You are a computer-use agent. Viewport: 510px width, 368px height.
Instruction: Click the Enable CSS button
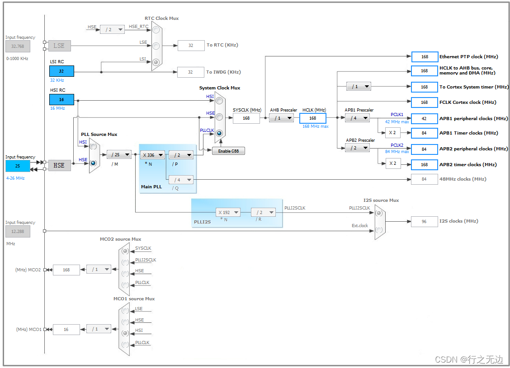pos(228,151)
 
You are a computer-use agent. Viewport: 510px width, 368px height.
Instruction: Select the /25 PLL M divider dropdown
pos(119,155)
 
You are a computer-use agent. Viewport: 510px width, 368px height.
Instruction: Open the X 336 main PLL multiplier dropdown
pos(152,155)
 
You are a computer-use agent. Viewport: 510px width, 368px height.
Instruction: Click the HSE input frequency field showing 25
pos(18,166)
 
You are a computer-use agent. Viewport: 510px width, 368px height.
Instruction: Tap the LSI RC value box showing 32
pos(61,71)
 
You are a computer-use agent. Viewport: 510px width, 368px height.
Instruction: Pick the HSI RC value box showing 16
pos(61,100)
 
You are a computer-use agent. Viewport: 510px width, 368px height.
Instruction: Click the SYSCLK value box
pos(246,118)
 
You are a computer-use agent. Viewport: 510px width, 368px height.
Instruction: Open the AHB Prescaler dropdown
pos(281,118)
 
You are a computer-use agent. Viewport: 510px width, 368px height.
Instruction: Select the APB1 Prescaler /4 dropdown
pos(357,118)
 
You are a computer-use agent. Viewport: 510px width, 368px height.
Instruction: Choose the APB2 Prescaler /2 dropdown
pos(357,148)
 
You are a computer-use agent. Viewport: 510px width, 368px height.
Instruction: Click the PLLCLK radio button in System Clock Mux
pos(219,133)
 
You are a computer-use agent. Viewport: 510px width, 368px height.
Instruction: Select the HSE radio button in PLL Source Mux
pos(94,163)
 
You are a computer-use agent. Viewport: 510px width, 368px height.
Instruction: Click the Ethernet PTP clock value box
pos(425,57)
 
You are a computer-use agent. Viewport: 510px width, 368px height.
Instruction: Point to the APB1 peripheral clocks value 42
pos(425,118)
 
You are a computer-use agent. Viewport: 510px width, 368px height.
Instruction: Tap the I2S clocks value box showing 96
pos(424,221)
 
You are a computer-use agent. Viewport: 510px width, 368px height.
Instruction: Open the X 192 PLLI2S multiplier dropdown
pos(228,212)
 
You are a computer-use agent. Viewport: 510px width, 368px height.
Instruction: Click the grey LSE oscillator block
pos(59,46)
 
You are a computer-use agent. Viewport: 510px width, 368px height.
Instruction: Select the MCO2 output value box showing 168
pos(66,270)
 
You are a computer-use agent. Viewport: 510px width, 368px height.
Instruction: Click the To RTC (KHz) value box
pos(191,45)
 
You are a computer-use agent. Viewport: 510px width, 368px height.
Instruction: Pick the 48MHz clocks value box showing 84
pos(424,179)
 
